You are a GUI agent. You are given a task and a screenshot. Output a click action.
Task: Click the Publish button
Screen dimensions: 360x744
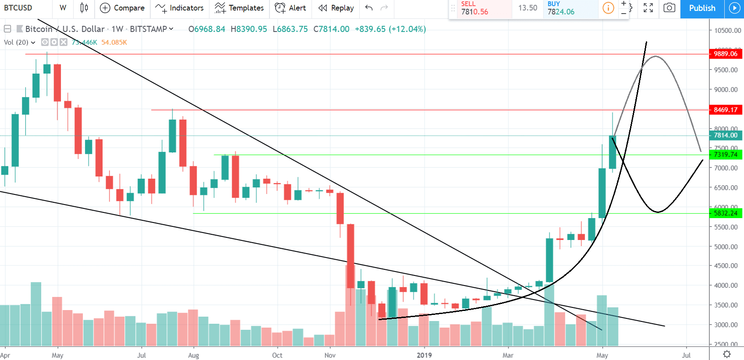tap(702, 8)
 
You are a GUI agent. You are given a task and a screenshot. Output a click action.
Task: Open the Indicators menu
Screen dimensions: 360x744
tap(180, 8)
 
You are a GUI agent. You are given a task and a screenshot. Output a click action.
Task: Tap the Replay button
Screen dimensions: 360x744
tap(336, 8)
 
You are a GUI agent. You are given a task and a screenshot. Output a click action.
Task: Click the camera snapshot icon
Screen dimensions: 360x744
tap(669, 8)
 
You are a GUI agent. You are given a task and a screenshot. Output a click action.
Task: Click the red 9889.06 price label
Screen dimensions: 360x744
tap(725, 54)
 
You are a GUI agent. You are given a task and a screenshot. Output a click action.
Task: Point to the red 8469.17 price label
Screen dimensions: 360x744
tap(725, 110)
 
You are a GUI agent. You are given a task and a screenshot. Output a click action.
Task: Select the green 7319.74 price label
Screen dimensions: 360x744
tap(725, 155)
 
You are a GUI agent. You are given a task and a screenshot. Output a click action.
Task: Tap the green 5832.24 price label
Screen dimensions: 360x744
tap(725, 213)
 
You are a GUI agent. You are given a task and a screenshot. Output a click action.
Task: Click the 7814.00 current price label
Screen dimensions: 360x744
tap(725, 135)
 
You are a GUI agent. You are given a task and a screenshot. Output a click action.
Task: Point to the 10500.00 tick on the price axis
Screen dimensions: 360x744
tap(727, 31)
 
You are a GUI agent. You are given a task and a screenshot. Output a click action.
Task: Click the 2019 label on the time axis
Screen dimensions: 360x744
tap(424, 355)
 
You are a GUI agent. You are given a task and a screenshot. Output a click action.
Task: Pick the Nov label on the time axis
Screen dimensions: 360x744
tap(330, 355)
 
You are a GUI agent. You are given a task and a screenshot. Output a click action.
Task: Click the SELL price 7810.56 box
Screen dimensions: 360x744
tap(480, 8)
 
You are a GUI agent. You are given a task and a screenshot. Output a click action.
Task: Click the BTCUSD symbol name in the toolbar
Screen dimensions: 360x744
tap(18, 8)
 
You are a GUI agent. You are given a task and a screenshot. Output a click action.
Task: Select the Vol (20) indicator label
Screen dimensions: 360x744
tap(16, 42)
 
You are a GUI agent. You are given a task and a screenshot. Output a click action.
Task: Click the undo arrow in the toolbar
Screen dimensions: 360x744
tap(368, 8)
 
